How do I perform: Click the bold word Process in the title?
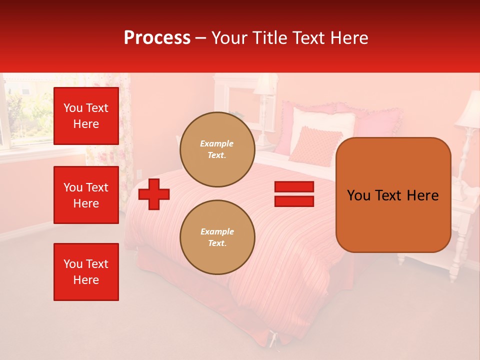click(x=157, y=38)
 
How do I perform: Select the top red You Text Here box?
click(x=86, y=116)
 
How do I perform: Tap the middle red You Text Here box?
click(x=86, y=195)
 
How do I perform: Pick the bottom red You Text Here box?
click(x=86, y=272)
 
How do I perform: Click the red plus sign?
click(x=154, y=194)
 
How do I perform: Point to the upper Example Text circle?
click(x=217, y=149)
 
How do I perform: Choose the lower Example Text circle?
click(x=217, y=237)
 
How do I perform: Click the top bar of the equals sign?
click(x=294, y=186)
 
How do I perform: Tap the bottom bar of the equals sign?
click(x=294, y=201)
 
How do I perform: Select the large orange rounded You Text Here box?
click(x=393, y=220)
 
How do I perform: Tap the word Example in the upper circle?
click(x=217, y=143)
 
